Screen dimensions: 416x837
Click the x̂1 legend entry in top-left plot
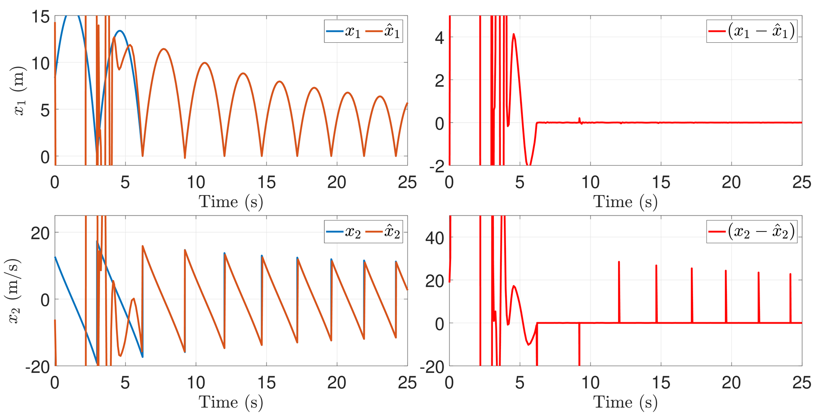[x=383, y=31]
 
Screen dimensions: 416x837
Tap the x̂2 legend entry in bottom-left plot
[x=383, y=231]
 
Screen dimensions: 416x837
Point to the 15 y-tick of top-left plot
[x=41, y=17]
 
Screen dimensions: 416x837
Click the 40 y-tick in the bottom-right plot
[x=434, y=238]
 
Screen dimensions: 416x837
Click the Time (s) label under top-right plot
[x=625, y=202]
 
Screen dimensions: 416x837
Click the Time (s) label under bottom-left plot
[x=231, y=402]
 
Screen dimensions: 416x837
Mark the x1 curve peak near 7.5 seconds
[x=164, y=49]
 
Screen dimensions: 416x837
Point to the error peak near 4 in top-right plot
[x=513, y=34]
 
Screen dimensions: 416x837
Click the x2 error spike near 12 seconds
[x=619, y=262]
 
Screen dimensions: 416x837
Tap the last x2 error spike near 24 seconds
[x=790, y=274]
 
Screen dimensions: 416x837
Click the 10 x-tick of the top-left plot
[x=195, y=182]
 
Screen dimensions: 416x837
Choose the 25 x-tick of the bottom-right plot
[x=801, y=383]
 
